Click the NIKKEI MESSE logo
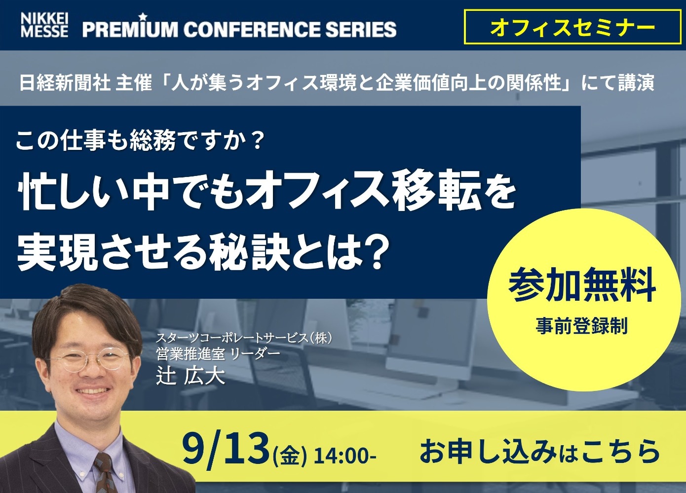pyautogui.click(x=44, y=25)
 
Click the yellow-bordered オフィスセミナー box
pyautogui.click(x=572, y=27)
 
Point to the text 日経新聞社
pyautogui.click(x=65, y=82)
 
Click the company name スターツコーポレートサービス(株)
pyautogui.click(x=244, y=338)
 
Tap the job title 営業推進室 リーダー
pyautogui.click(x=218, y=354)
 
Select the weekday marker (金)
pyautogui.click(x=289, y=457)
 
